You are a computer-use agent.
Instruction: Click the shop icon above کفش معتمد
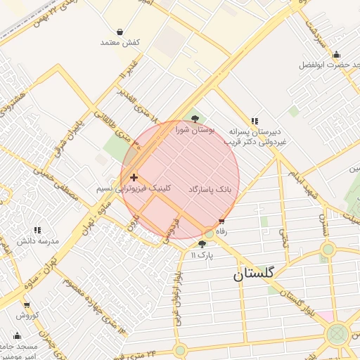click(x=120, y=32)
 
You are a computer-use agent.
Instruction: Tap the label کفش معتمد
click(x=120, y=43)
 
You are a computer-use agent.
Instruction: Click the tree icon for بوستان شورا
click(x=195, y=119)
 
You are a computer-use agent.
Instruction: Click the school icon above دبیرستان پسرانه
click(x=255, y=121)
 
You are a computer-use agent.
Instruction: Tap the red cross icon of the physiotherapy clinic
click(x=134, y=178)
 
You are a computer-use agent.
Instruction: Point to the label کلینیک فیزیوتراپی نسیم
click(x=134, y=190)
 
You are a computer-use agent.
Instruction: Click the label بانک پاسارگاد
click(x=210, y=190)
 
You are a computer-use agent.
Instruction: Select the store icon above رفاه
click(x=222, y=221)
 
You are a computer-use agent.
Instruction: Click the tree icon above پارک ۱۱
click(x=202, y=244)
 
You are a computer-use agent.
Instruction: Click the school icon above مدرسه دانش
click(x=37, y=230)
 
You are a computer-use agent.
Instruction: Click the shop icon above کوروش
click(x=27, y=305)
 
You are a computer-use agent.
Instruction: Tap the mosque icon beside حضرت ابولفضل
click(x=336, y=54)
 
